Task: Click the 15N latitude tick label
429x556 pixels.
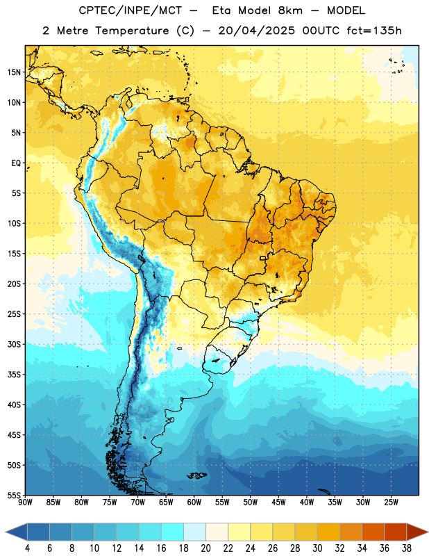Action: [14, 72]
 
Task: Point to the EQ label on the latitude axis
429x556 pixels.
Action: [16, 163]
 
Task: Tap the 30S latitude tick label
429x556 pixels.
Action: [14, 344]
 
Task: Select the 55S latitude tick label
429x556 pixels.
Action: [14, 496]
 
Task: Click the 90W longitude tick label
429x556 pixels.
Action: [25, 502]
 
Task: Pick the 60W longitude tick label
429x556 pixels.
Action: [194, 502]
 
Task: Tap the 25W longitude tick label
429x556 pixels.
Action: [391, 502]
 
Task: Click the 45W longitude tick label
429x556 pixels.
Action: [278, 502]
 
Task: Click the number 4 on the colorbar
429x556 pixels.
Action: [27, 548]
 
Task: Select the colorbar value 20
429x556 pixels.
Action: [205, 548]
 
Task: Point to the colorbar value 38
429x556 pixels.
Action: [407, 548]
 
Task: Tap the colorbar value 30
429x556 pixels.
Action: [317, 548]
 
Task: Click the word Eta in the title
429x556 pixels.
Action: [222, 10]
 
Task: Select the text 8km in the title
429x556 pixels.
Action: [290, 10]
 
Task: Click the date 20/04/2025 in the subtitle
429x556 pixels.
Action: [256, 31]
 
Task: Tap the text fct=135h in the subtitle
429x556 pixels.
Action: [374, 31]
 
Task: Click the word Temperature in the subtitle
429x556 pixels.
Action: [132, 31]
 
